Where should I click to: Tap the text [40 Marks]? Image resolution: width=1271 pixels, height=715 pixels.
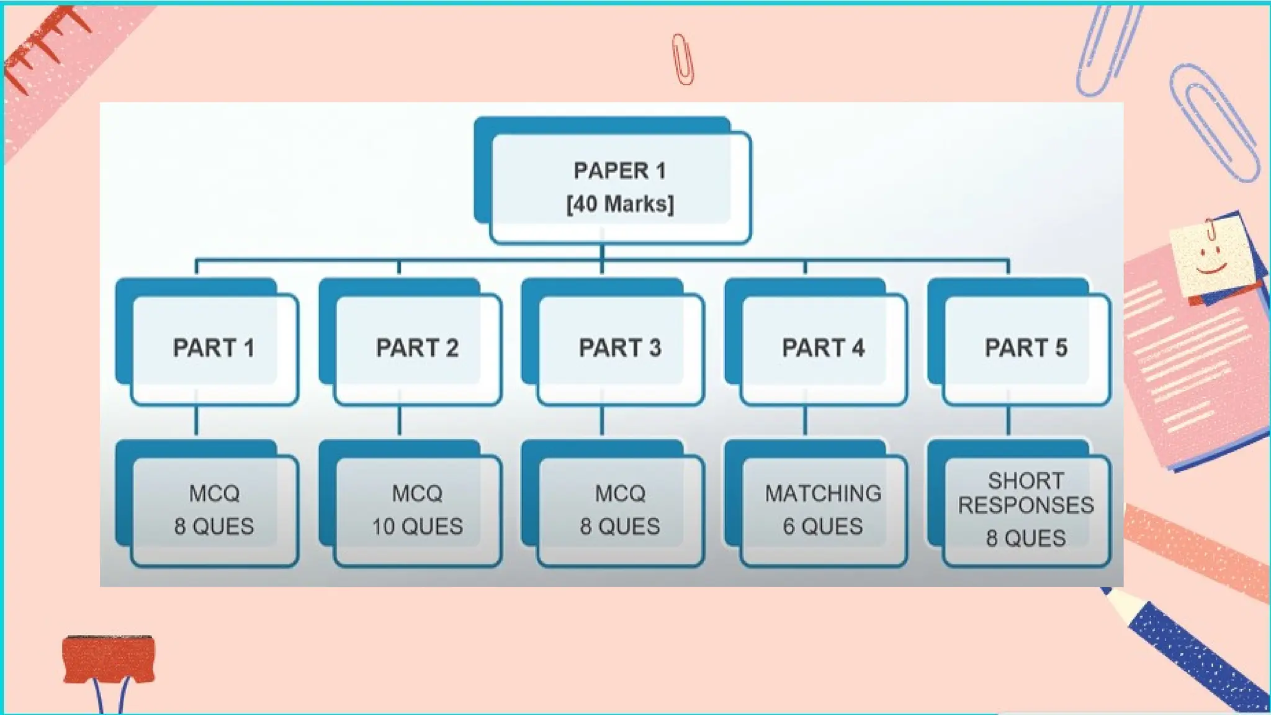pyautogui.click(x=619, y=204)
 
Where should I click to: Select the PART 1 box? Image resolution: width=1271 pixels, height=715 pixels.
pyautogui.click(x=213, y=348)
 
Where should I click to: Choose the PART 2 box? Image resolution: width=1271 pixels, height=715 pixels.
pyautogui.click(x=417, y=348)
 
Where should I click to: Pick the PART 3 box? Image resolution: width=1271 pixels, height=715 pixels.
pyautogui.click(x=620, y=348)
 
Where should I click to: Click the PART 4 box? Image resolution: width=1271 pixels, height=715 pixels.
pyautogui.click(x=823, y=348)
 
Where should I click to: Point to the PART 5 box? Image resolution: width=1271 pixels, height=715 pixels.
pyautogui.click(x=1026, y=348)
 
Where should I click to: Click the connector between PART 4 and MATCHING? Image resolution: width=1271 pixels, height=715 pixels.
pyautogui.click(x=805, y=422)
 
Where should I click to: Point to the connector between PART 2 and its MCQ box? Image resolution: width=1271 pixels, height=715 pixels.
pyautogui.click(x=399, y=422)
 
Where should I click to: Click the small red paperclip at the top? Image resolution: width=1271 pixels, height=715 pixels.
pyautogui.click(x=683, y=60)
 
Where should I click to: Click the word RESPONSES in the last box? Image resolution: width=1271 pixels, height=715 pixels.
pyautogui.click(x=1026, y=505)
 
